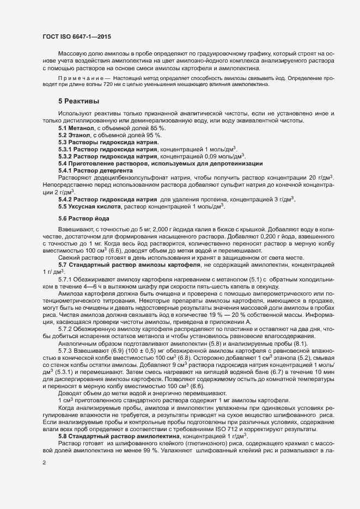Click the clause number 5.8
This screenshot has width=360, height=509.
[x=65, y=428]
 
